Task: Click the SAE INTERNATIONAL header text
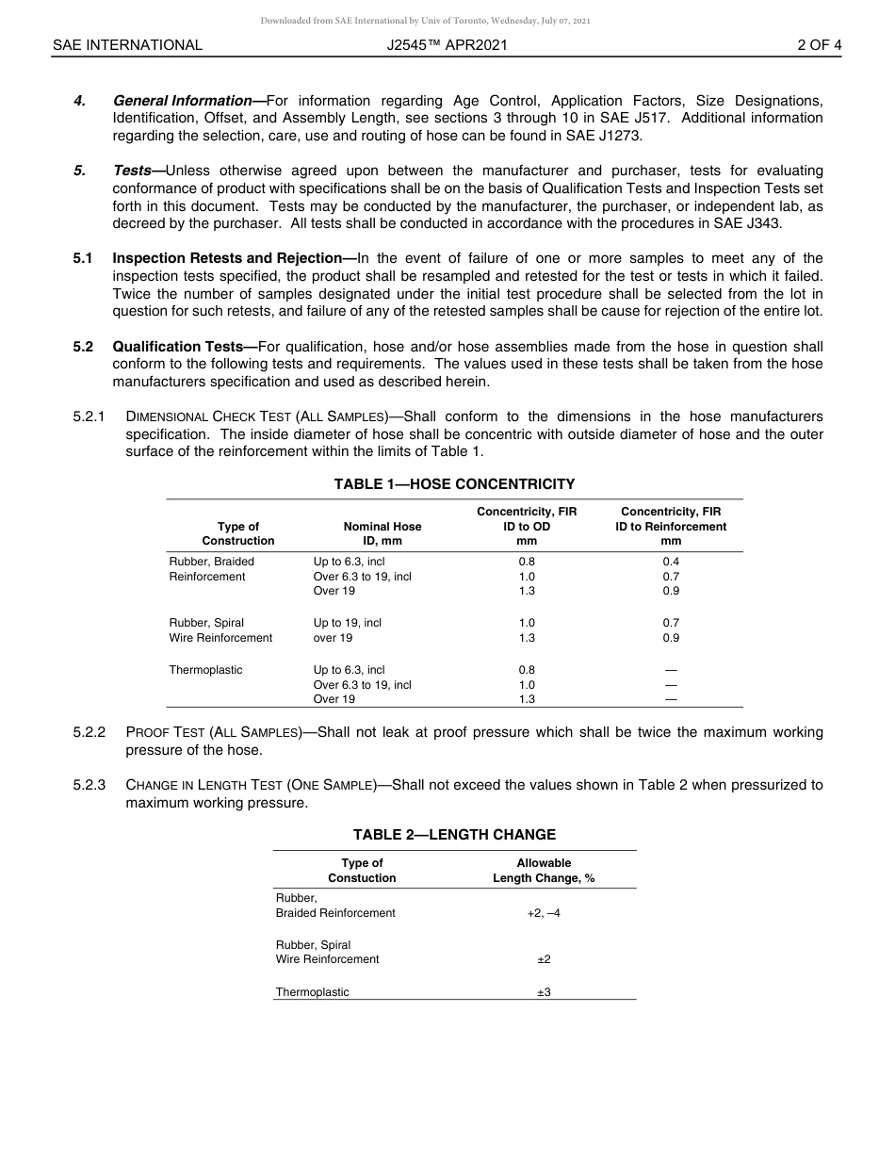pos(127,44)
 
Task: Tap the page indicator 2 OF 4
pos(819,44)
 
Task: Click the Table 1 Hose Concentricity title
pos(454,484)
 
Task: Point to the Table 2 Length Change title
pos(454,835)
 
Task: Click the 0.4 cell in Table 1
pos(671,562)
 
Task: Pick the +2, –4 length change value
pos(544,913)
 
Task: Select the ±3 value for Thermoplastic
pos(544,992)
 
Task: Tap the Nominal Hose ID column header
pos(382,533)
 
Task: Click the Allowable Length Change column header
pos(544,871)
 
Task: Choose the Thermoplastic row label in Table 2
pos(312,992)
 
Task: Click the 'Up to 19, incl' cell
pos(348,623)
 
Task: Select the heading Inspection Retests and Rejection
pos(226,258)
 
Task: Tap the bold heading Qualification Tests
pos(178,347)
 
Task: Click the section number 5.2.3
pos(89,785)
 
